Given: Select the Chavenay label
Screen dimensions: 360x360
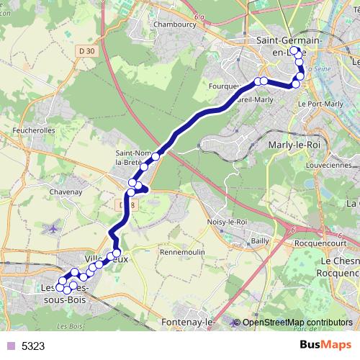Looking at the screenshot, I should pos(64,192).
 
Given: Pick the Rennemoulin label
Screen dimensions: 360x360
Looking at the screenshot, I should pos(183,253).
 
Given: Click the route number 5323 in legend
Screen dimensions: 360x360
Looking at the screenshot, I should pos(33,346).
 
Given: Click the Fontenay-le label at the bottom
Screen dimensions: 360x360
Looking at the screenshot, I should pos(188,321).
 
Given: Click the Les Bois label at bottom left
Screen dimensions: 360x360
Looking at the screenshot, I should pos(73,327).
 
